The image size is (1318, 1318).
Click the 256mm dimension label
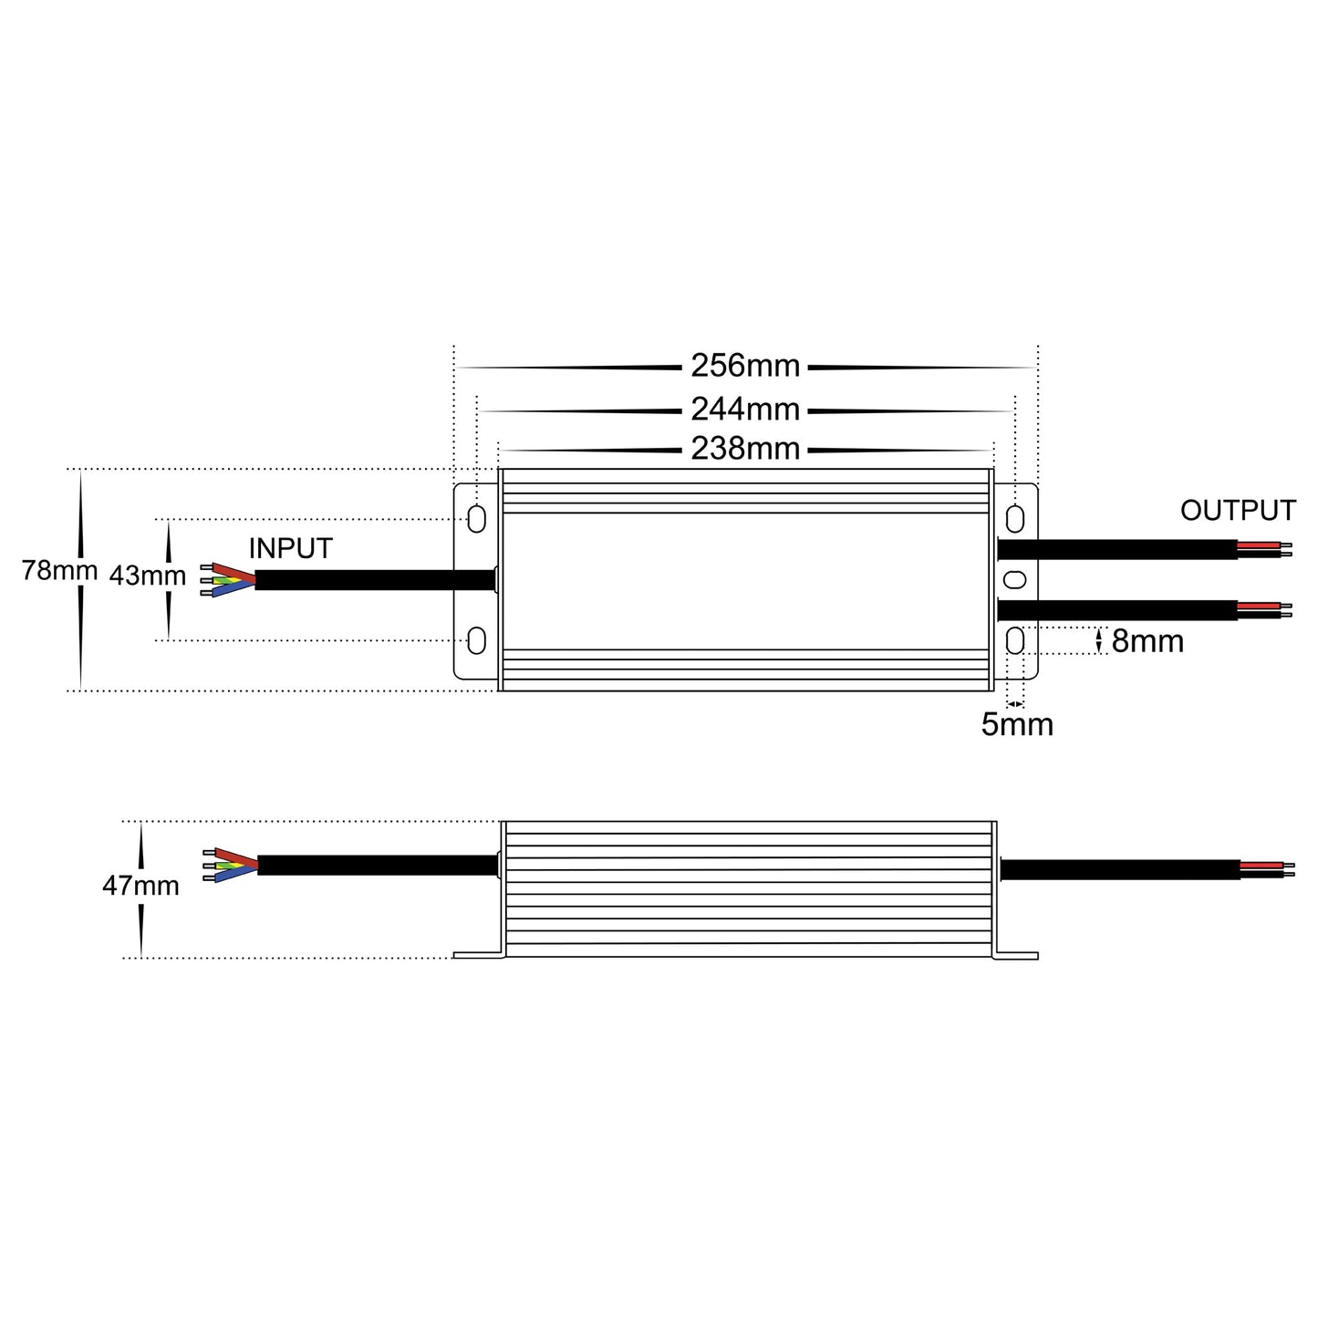click(x=744, y=366)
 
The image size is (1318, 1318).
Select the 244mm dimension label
click(x=744, y=410)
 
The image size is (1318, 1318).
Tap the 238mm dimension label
click(x=744, y=449)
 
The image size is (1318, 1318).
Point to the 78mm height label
click(x=59, y=571)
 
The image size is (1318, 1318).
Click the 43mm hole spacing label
click(x=147, y=576)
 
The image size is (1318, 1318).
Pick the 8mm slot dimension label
click(x=1147, y=642)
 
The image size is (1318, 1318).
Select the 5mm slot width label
click(x=1017, y=725)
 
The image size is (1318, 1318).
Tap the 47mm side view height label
click(x=140, y=886)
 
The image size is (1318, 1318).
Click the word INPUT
click(x=290, y=549)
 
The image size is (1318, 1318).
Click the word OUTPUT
click(x=1238, y=511)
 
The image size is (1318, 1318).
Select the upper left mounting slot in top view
click(x=476, y=518)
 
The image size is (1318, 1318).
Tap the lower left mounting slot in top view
click(x=476, y=640)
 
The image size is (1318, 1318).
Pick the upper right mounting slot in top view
click(x=1014, y=518)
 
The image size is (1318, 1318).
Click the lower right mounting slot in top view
click(x=1014, y=641)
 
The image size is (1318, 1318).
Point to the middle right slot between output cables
click(x=1014, y=579)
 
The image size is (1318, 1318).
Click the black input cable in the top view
click(x=374, y=580)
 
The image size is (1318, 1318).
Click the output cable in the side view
click(x=1120, y=868)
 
